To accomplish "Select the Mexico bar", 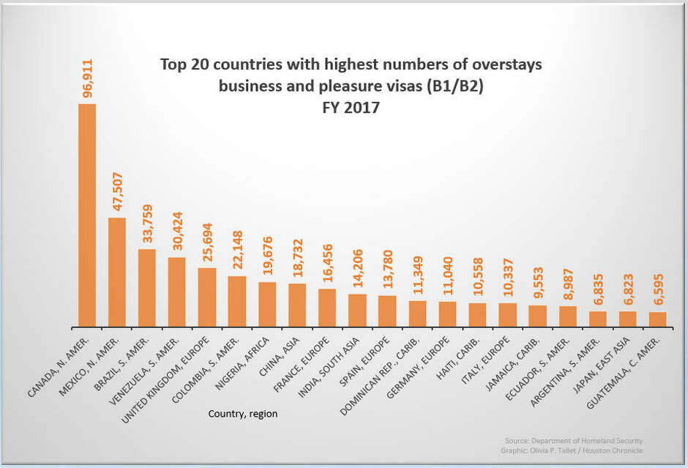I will point(117,272).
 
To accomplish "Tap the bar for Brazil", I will point(147,288).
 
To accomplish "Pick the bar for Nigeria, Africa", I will point(267,304).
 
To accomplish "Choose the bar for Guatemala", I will point(657,319).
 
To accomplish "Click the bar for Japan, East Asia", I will point(627,319).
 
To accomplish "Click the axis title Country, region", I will point(243,414).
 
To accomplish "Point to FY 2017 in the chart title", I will point(351,107).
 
